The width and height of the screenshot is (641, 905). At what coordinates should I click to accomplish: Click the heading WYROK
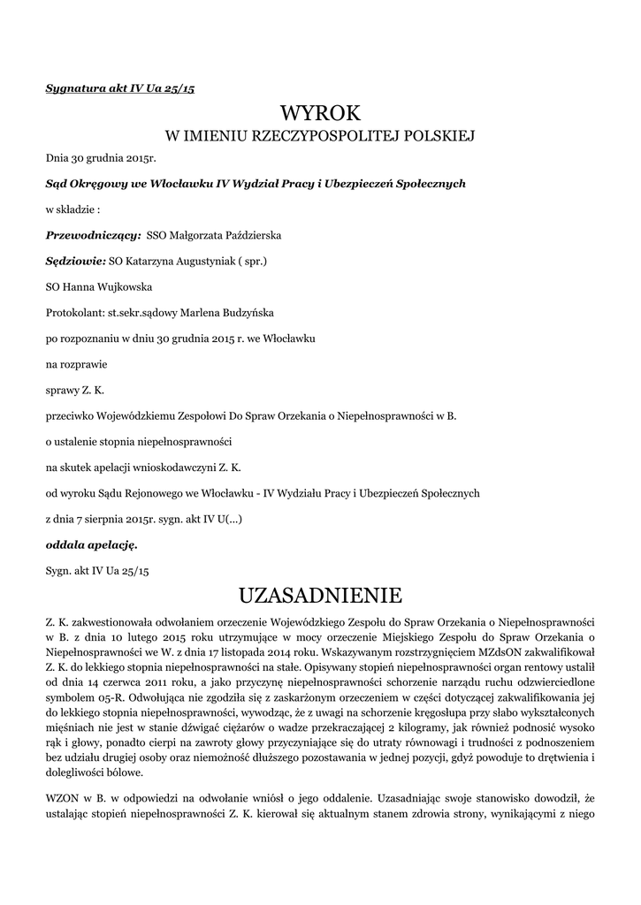click(320, 113)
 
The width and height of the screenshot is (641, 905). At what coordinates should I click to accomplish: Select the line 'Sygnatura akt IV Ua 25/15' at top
click(120, 89)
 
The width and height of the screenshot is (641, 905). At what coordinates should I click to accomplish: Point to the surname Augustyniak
click(193, 262)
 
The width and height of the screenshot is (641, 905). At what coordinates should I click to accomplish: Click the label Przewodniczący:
click(94, 236)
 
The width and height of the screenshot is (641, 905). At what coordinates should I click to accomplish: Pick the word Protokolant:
click(74, 312)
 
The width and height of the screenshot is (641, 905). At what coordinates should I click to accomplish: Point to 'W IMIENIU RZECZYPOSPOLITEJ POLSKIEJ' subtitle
click(320, 137)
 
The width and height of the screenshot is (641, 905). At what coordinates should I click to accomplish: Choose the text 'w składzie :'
click(73, 210)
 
